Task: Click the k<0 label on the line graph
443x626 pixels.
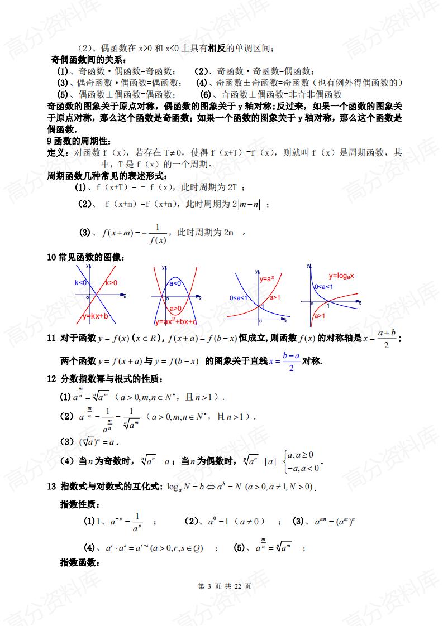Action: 81,283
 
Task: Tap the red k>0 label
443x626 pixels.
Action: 111,283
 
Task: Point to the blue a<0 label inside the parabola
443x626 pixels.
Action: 175,283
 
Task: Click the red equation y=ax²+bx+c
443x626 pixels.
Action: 176,322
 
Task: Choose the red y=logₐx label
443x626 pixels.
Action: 342,275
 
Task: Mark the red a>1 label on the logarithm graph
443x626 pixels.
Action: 320,316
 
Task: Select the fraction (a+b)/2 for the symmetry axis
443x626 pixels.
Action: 387,338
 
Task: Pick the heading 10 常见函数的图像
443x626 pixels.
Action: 85,257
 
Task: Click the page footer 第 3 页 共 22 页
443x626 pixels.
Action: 221,586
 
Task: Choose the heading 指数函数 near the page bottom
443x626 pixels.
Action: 79,562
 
